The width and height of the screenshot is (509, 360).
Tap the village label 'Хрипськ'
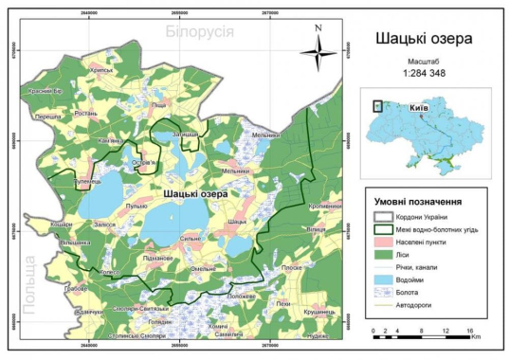[x=101, y=70]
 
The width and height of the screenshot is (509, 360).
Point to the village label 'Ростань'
[x=85, y=113]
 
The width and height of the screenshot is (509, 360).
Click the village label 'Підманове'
[x=156, y=257]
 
